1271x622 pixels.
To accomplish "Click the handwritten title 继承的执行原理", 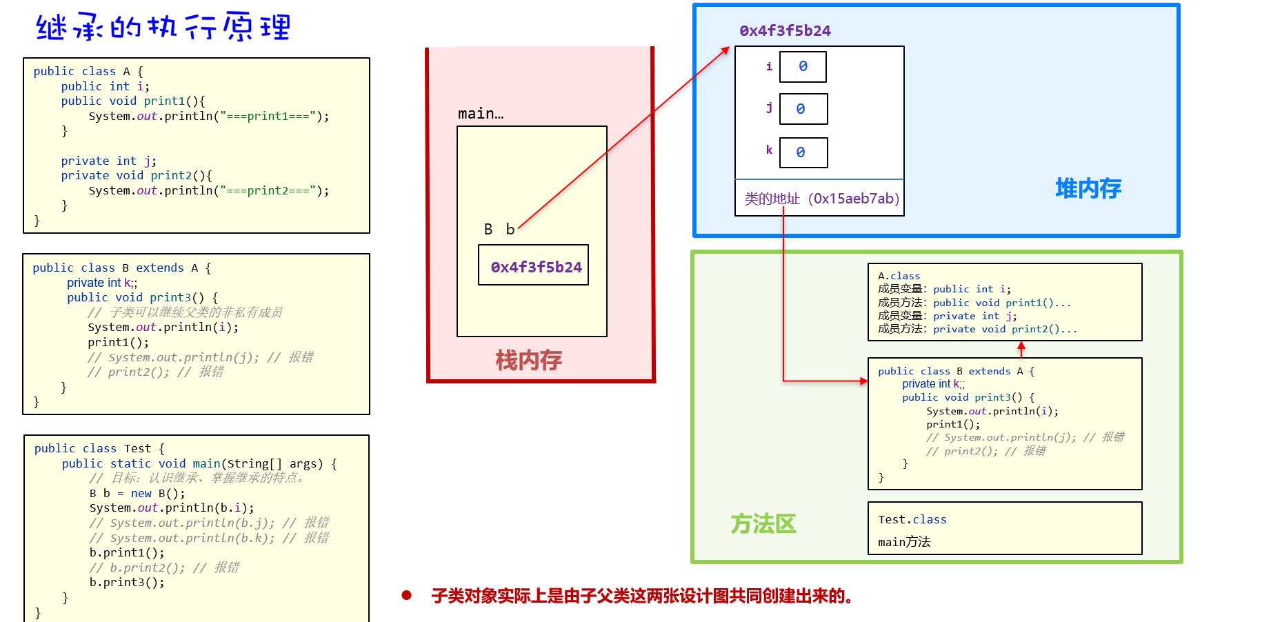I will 163,28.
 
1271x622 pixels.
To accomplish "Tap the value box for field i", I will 803,67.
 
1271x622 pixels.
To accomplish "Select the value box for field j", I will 803,109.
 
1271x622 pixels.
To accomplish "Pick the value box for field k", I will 803,152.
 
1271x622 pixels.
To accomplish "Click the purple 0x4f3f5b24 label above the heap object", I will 785,30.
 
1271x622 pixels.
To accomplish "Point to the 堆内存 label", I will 1088,188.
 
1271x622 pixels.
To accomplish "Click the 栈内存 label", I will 528,359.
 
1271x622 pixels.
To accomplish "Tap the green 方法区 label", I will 763,524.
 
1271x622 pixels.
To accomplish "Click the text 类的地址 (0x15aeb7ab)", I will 821,199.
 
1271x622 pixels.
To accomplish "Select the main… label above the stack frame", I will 481,114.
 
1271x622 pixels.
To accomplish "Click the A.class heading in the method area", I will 899,276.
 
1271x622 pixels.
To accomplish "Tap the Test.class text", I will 912,519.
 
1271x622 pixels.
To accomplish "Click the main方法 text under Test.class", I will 904,542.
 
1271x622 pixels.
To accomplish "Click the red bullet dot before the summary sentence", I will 406,595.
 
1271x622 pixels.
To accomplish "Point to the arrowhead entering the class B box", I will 863,381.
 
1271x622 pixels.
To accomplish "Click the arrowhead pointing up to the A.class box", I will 1021,345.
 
